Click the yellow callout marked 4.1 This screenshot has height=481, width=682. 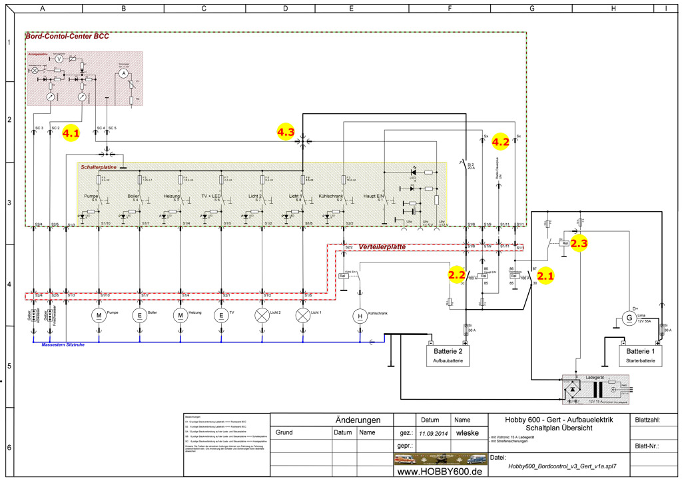tap(70, 133)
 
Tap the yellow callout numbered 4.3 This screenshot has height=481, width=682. tap(286, 132)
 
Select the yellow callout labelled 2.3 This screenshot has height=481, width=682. tap(579, 243)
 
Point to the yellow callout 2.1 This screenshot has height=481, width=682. tap(545, 274)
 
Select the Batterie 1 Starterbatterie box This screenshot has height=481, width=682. tap(641, 355)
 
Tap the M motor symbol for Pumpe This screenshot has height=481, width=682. tap(99, 314)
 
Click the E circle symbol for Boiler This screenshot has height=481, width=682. tap(140, 314)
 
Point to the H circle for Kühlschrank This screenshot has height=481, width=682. tap(360, 316)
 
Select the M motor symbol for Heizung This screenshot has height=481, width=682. tap(181, 314)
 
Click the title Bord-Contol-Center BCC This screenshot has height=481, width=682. tap(67, 37)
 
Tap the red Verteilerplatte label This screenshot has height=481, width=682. tap(382, 246)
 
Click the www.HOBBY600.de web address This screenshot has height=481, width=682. tap(439, 471)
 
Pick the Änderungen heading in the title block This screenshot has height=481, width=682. tap(358, 420)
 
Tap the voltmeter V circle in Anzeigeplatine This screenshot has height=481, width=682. tap(58, 59)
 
